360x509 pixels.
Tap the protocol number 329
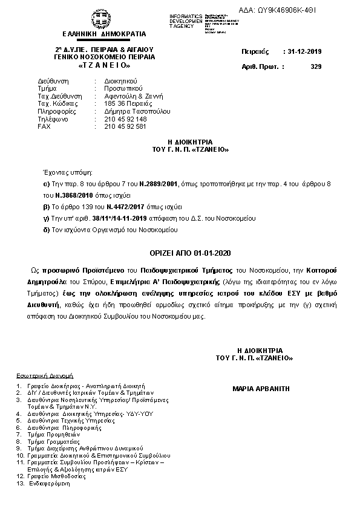(315, 66)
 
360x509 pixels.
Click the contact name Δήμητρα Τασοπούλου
(137, 111)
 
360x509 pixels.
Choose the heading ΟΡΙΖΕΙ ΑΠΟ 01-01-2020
(182, 252)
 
